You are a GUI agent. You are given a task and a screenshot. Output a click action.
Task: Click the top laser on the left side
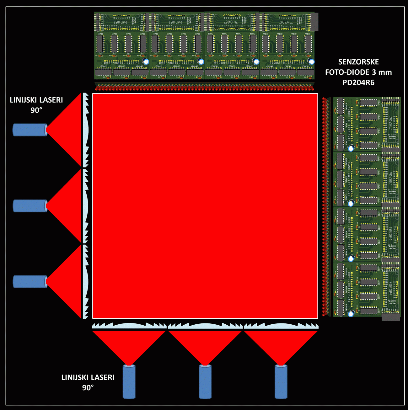point(30,130)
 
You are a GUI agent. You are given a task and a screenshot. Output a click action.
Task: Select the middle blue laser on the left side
point(30,206)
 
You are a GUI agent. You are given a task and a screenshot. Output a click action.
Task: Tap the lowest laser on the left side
point(30,282)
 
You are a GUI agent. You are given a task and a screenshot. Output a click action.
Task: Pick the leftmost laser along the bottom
point(129,382)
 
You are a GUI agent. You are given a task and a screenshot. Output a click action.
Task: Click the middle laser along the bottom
point(205,382)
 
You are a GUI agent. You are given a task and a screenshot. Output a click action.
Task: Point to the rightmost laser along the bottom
point(281,382)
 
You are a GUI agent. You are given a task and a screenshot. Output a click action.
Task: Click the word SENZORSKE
point(358,62)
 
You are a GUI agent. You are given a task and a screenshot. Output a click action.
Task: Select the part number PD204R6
point(358,83)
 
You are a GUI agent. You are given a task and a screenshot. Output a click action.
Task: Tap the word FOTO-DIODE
point(347,72)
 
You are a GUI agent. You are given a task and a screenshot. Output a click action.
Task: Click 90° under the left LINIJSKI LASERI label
point(36,110)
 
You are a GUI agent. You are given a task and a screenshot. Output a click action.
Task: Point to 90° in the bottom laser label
point(88,388)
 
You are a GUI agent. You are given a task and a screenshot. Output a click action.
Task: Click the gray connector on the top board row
point(315,22)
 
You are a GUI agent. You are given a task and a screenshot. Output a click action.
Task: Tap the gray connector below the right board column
point(391,317)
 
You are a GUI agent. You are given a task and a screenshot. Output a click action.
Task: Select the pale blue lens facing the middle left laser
point(86,206)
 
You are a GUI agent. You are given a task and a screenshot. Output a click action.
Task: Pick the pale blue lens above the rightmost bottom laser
point(281,326)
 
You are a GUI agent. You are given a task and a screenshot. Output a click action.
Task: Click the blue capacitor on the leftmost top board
point(146,61)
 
